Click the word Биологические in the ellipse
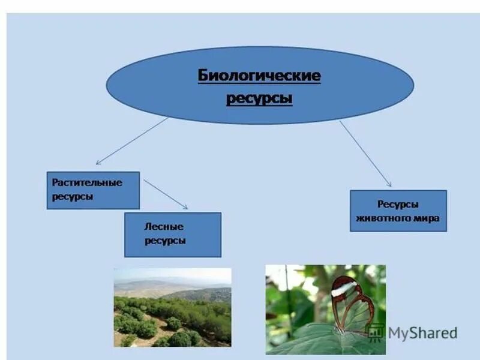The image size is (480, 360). coord(259,76)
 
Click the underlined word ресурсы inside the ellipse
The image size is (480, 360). coord(259,98)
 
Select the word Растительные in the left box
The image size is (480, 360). coord(87,182)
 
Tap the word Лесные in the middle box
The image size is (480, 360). coord(164,227)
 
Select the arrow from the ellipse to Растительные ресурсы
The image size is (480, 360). coord(132,141)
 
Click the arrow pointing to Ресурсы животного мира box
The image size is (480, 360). coord(365,154)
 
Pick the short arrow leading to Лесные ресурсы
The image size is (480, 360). coord(166,194)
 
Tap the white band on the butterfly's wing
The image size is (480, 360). coord(344,289)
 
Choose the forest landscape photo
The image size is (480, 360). coord(173,307)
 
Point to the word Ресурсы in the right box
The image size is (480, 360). coord(398,205)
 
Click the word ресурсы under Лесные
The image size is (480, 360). coord(165,241)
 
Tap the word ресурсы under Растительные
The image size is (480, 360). coord(73,196)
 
